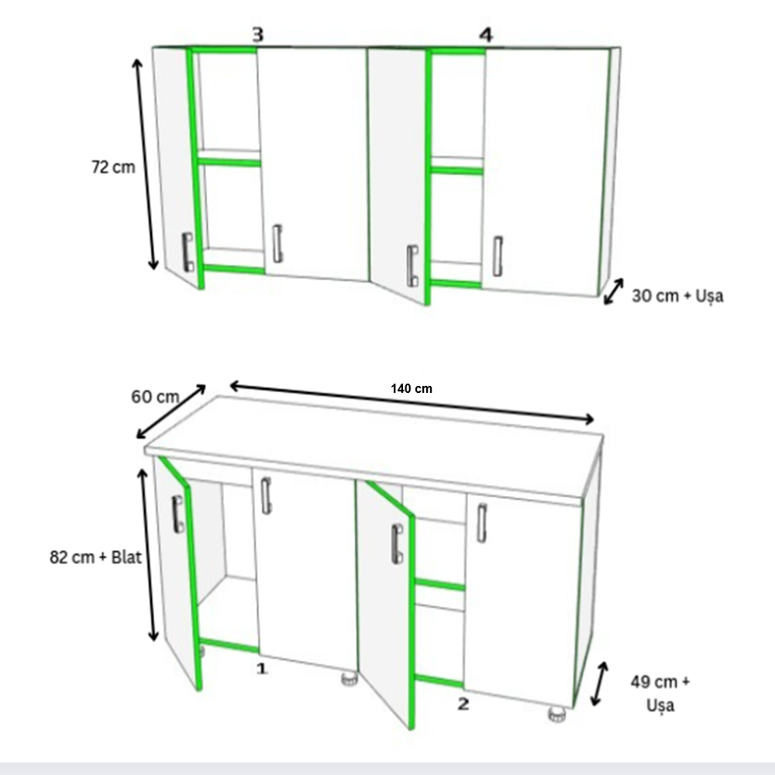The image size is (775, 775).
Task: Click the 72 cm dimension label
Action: (x=113, y=167)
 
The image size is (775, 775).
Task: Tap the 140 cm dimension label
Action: (x=412, y=388)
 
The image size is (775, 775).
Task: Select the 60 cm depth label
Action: (x=155, y=397)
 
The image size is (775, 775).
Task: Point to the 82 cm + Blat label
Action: (x=95, y=557)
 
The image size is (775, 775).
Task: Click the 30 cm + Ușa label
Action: (x=677, y=296)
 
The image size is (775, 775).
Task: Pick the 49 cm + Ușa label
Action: (x=660, y=694)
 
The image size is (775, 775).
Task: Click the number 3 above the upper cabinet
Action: (x=258, y=35)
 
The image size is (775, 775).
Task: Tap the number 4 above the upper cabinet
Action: (x=487, y=35)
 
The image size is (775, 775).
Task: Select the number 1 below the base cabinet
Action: (x=261, y=669)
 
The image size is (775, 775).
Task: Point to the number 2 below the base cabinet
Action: (x=463, y=704)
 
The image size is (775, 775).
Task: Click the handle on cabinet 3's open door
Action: (x=188, y=252)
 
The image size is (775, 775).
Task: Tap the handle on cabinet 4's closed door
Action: (x=498, y=256)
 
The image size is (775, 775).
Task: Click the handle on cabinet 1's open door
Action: (x=178, y=515)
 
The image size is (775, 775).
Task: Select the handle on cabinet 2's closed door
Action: (x=481, y=523)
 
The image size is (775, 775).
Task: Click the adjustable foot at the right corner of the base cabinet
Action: (x=557, y=715)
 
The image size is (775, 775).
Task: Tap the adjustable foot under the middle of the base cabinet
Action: (x=350, y=678)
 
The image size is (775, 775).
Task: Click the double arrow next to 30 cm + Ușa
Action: (x=613, y=291)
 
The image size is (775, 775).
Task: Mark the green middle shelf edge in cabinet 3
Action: (x=229, y=162)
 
